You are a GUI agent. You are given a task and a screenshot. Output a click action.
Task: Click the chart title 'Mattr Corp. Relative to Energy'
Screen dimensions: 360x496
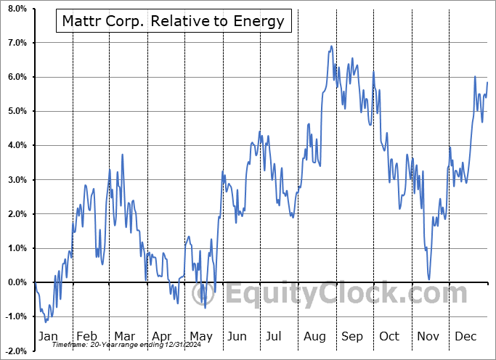(173, 21)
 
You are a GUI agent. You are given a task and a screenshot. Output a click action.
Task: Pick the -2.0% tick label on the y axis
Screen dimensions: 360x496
(16, 351)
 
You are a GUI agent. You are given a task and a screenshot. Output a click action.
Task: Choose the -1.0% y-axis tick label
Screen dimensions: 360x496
(16, 316)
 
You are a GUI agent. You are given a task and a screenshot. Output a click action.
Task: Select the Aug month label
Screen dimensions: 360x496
(314, 337)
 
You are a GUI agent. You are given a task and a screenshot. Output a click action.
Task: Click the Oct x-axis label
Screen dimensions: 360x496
(389, 337)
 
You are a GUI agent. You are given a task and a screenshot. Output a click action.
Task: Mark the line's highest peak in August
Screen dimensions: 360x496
(331, 46)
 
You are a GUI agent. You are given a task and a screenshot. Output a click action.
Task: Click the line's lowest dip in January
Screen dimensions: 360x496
(45, 322)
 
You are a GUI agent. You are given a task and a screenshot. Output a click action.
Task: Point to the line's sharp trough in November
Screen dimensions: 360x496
(429, 279)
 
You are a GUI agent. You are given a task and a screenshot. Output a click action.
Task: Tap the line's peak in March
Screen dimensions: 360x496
(122, 155)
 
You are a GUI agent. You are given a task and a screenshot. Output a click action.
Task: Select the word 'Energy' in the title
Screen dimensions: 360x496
(258, 21)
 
